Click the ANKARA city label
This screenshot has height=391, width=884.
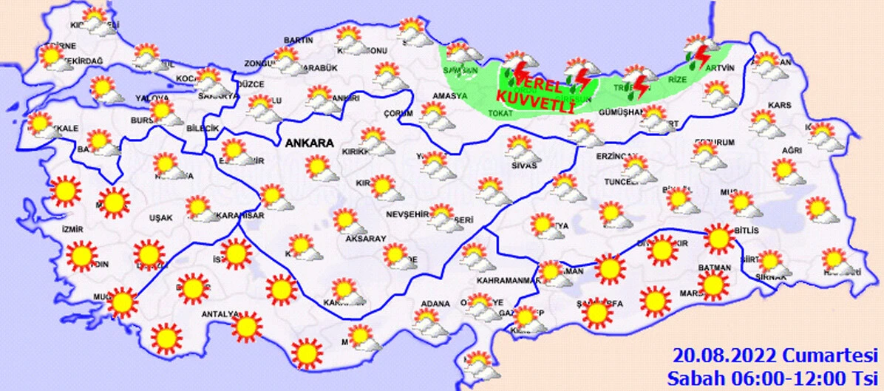point(306,143)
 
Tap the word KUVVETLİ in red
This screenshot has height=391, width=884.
point(535,95)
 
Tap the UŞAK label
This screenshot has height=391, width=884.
point(160,217)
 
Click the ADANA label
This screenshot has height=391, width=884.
point(435,304)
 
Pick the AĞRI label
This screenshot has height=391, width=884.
point(792,150)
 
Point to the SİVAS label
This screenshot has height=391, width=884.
point(523,165)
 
